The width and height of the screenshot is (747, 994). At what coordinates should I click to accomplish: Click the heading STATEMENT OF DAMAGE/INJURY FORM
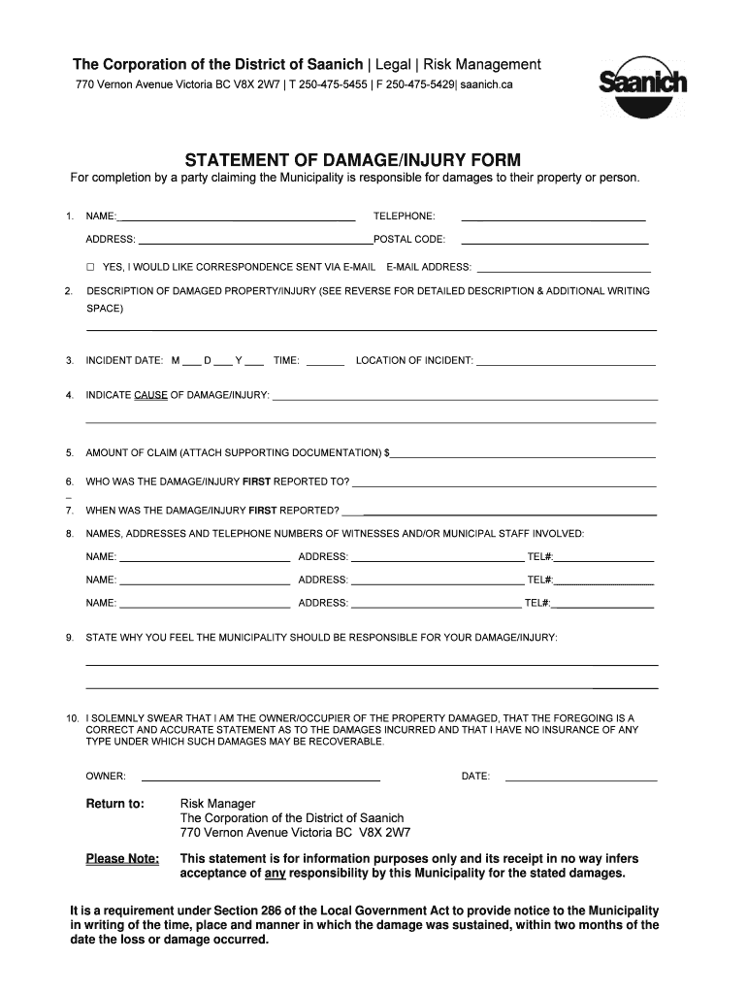coord(353,159)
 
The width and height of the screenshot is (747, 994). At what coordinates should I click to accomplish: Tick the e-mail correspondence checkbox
coord(90,267)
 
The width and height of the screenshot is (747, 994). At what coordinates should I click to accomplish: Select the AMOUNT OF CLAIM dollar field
coord(523,455)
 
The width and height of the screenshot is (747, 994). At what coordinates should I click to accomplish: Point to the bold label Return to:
coord(115,804)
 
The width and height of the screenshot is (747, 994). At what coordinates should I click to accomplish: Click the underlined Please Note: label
coord(122,859)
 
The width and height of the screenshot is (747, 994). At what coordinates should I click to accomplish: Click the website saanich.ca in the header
coord(486,85)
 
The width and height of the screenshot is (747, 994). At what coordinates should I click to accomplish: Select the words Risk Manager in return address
coord(218,804)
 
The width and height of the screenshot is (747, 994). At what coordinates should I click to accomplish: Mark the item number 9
coord(70,638)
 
